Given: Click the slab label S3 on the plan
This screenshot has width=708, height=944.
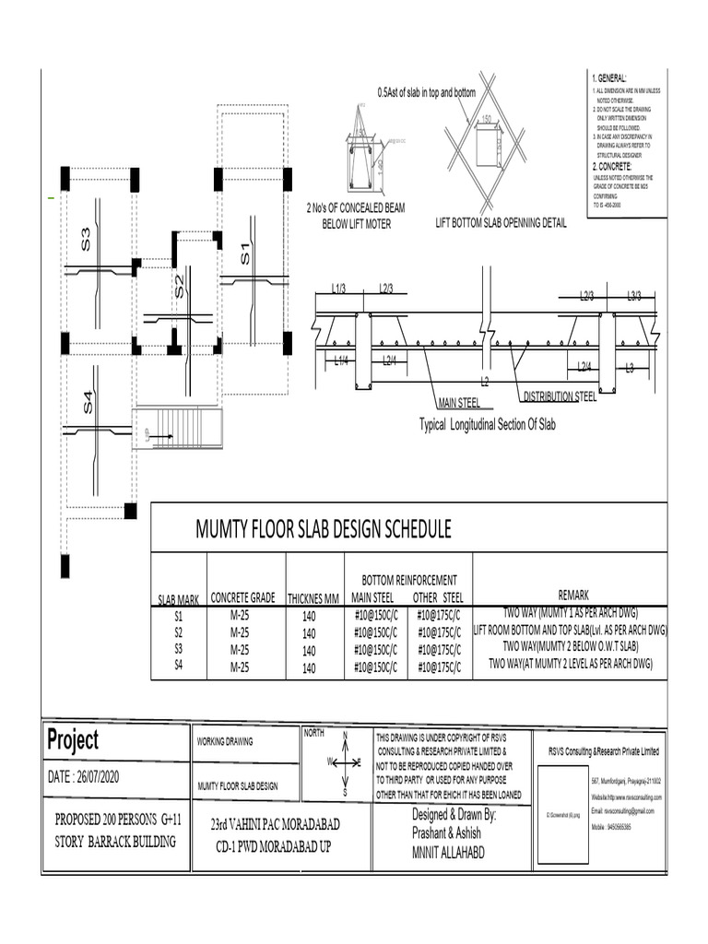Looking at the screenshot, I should (86, 239).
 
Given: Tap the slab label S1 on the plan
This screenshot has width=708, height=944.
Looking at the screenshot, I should (245, 253).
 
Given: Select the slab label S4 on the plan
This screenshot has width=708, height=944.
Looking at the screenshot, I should (88, 402).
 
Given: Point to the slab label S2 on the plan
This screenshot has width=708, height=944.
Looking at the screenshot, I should (180, 286).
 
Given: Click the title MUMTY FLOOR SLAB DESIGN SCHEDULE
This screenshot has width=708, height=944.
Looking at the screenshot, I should (323, 529).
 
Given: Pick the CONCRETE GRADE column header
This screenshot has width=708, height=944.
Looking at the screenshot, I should (246, 596).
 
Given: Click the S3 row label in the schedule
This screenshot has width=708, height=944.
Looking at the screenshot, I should (179, 649).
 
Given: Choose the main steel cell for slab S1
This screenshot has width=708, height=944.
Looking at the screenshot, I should (375, 614).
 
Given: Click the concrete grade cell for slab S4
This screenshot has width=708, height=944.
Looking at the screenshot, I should (240, 667).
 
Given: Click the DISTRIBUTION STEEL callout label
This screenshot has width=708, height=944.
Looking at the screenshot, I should (560, 396).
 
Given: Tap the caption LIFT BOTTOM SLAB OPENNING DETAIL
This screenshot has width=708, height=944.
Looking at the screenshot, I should (501, 223).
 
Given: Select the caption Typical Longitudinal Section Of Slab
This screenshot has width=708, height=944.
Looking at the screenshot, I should (488, 425).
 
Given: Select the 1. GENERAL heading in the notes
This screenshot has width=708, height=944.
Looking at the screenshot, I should (609, 78).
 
